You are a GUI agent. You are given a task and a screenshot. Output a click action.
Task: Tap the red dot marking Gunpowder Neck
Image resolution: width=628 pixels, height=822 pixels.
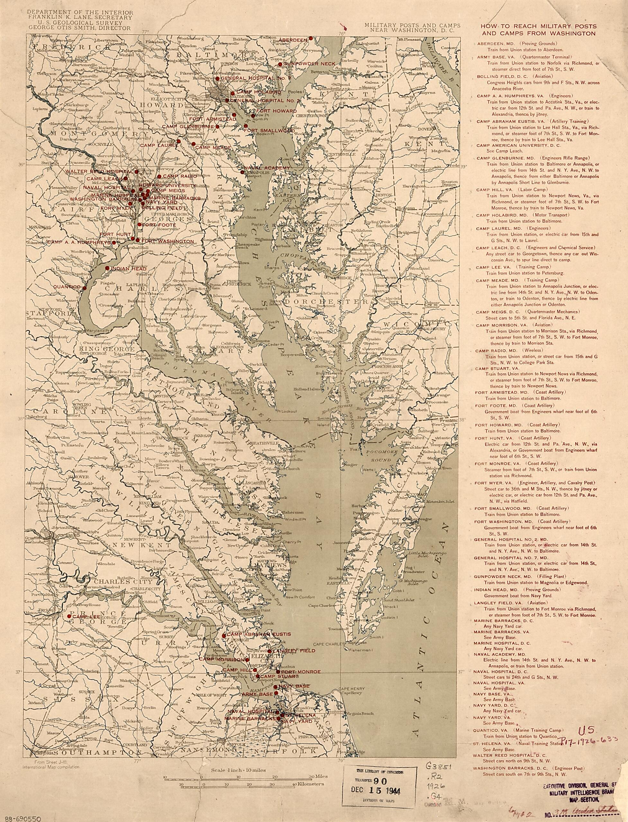tap(280, 64)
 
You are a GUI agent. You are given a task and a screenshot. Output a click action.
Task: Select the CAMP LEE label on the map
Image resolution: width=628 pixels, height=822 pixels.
tap(82, 616)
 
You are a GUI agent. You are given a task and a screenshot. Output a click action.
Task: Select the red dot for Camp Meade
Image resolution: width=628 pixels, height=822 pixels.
tap(193, 144)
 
